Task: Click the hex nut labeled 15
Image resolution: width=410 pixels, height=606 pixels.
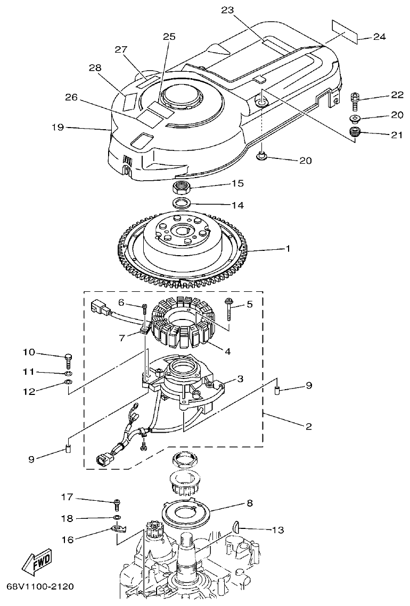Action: [182, 187]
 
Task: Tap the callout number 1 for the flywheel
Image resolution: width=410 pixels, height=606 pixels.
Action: [288, 248]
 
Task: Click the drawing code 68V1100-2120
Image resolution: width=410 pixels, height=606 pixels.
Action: [40, 587]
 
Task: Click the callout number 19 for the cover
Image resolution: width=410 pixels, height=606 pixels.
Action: [58, 128]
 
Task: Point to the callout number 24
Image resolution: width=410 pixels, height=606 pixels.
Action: [379, 37]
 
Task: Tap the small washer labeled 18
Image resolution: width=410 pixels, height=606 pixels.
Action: [117, 518]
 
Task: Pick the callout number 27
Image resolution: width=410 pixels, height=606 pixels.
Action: [121, 49]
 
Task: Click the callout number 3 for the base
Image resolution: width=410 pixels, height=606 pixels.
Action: [240, 378]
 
